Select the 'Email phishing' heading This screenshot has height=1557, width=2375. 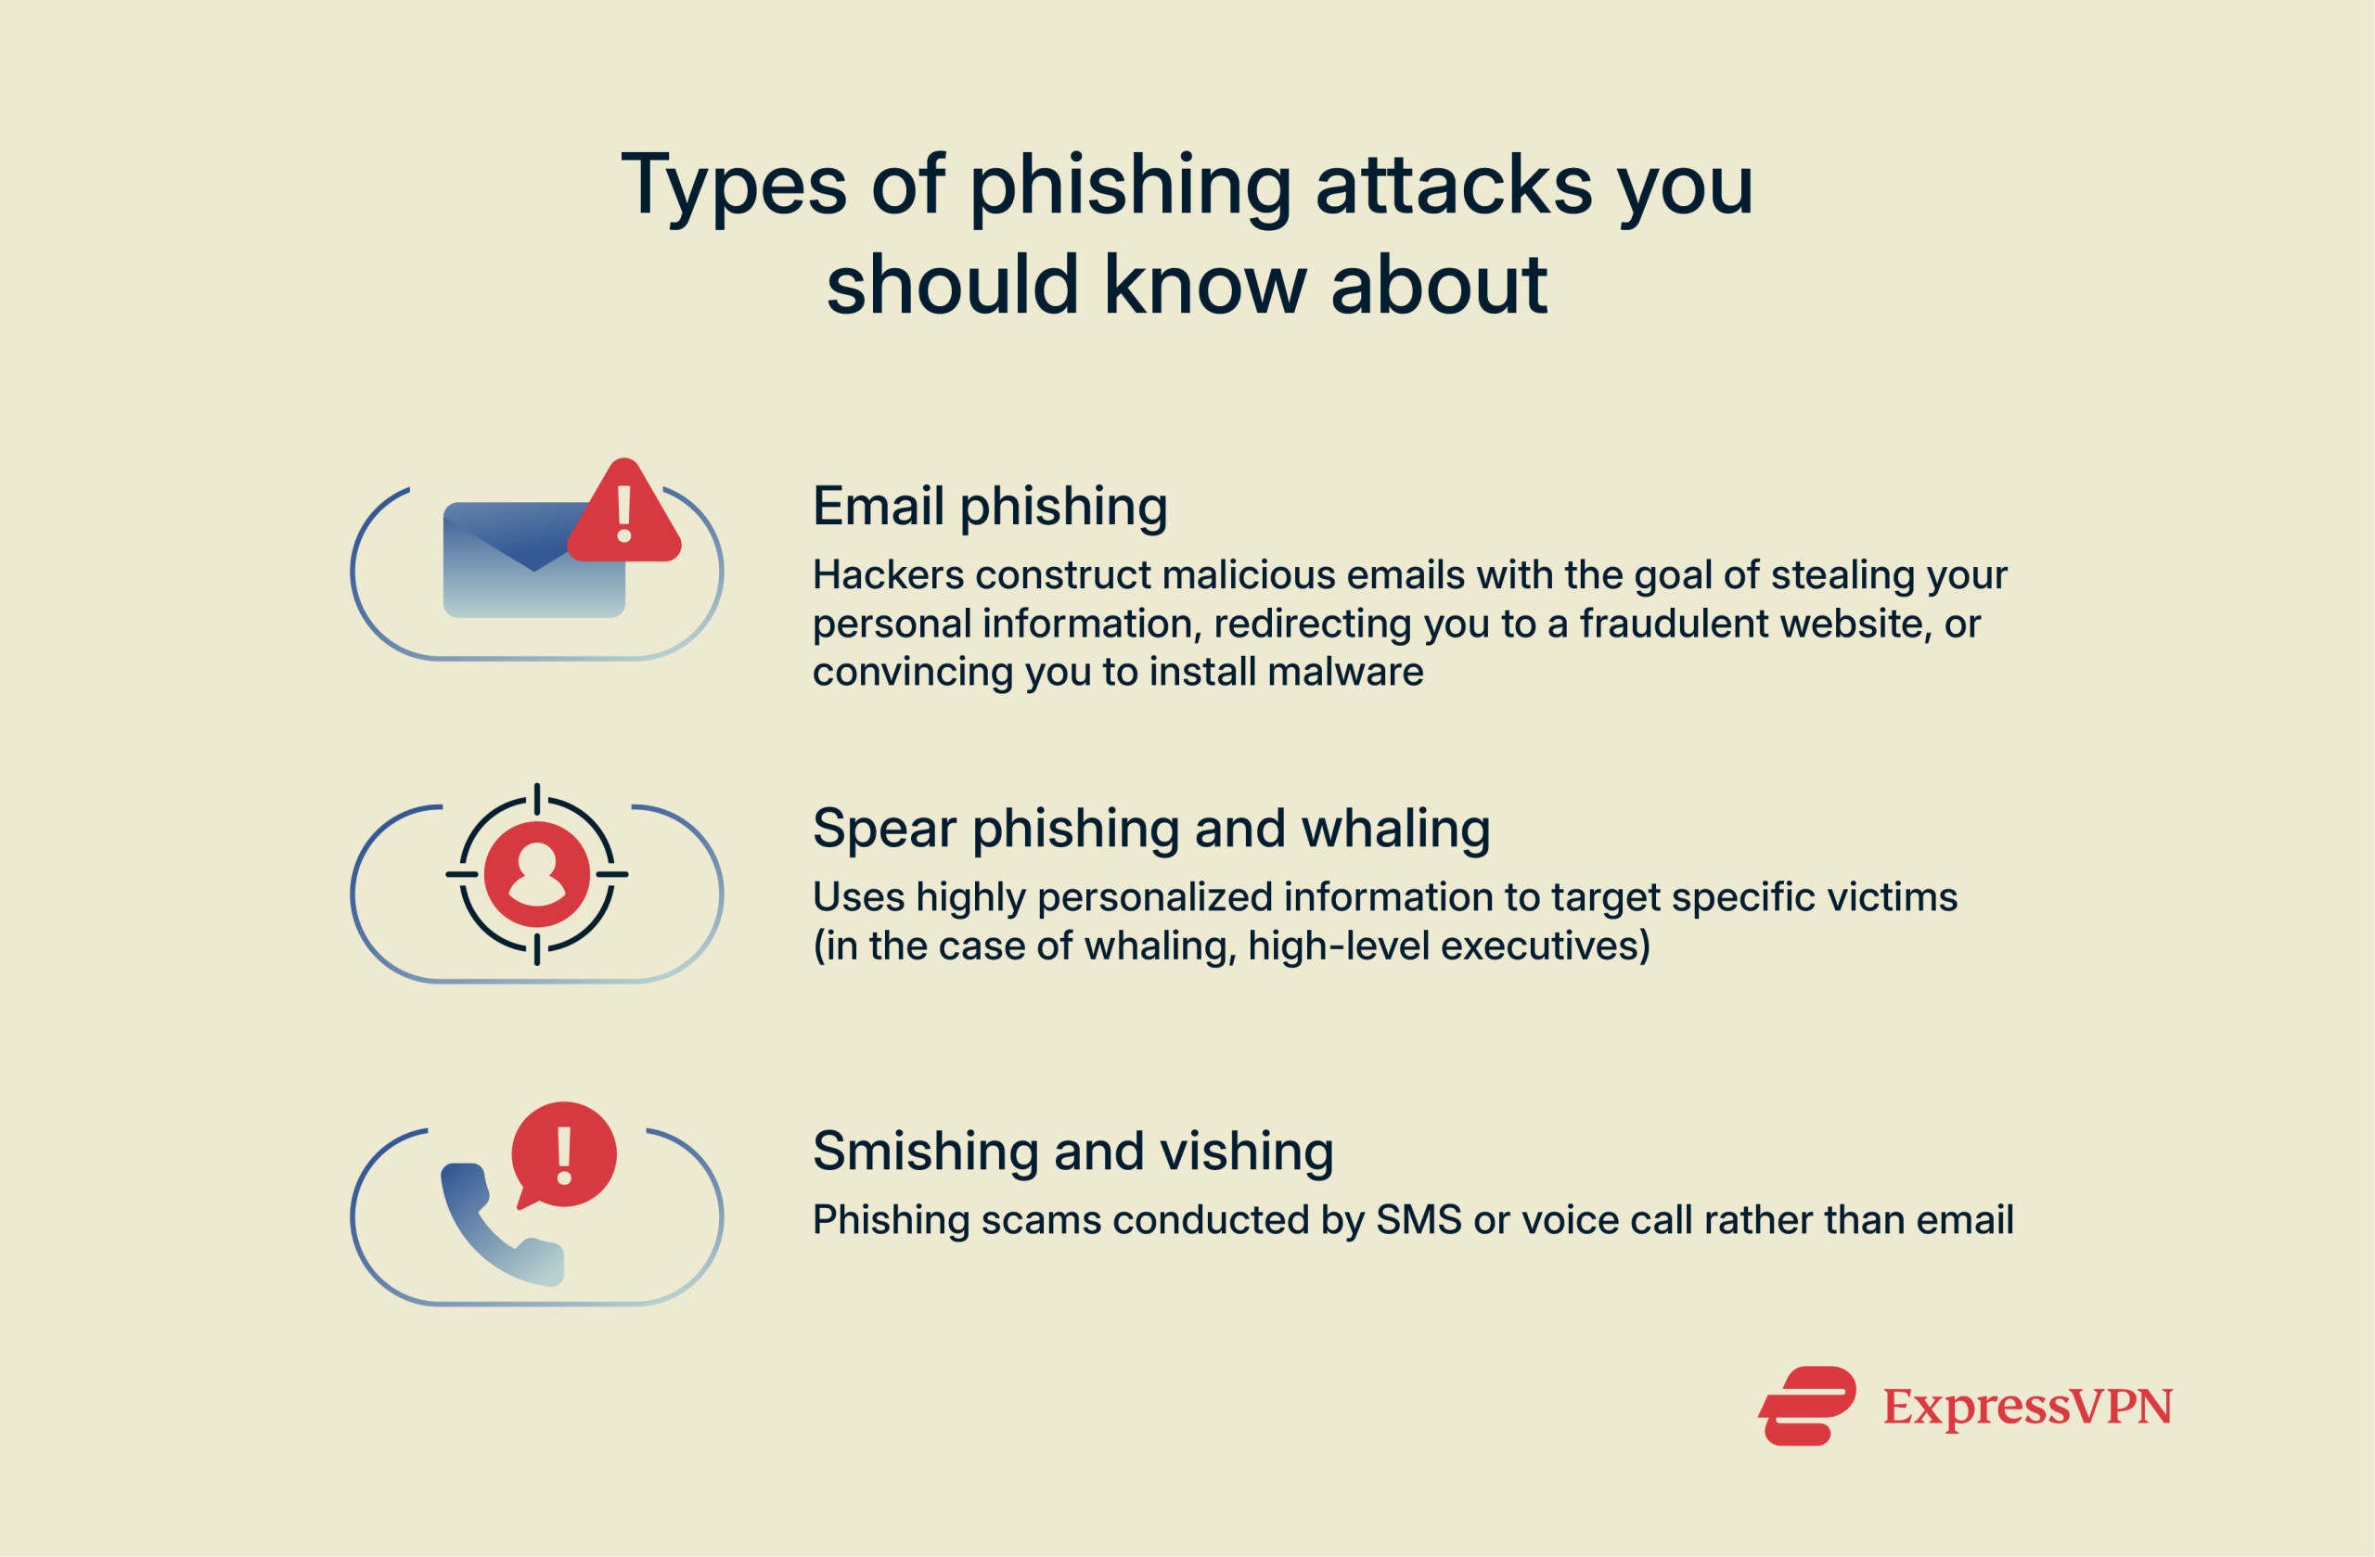(989, 506)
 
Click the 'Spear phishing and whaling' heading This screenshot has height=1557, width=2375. (1150, 829)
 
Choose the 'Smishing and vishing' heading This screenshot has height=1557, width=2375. (1072, 1151)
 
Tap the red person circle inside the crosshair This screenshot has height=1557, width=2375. (537, 874)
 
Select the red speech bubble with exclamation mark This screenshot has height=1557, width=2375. (564, 1155)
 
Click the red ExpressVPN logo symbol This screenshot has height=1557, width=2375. (1807, 1406)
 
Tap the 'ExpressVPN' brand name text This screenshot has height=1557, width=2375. (2027, 1407)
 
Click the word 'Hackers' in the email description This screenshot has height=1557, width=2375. (888, 575)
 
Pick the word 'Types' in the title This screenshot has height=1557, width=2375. (735, 187)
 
